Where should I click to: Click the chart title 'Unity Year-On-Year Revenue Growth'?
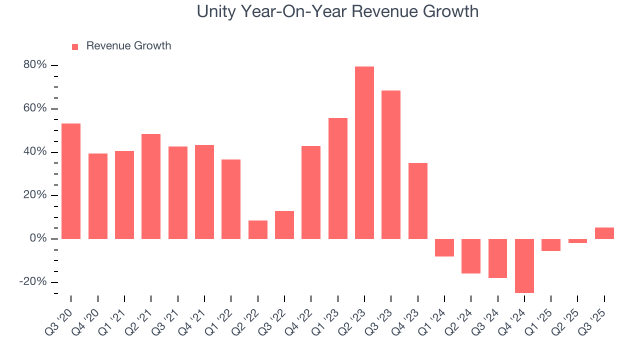[337, 11]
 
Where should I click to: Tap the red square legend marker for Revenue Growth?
[75, 46]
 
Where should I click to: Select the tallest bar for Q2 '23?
[364, 152]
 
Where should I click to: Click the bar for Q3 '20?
[71, 181]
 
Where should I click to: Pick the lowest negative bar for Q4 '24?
[524, 265]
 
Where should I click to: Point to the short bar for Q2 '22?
[258, 229]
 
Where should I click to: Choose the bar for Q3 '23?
[391, 164]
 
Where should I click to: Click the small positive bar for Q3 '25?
[604, 233]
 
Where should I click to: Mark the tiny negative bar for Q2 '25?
[577, 241]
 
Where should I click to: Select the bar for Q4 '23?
[418, 201]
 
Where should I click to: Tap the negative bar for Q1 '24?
[444, 247]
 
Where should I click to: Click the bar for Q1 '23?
[338, 178]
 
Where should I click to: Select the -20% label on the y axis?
[33, 281]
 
